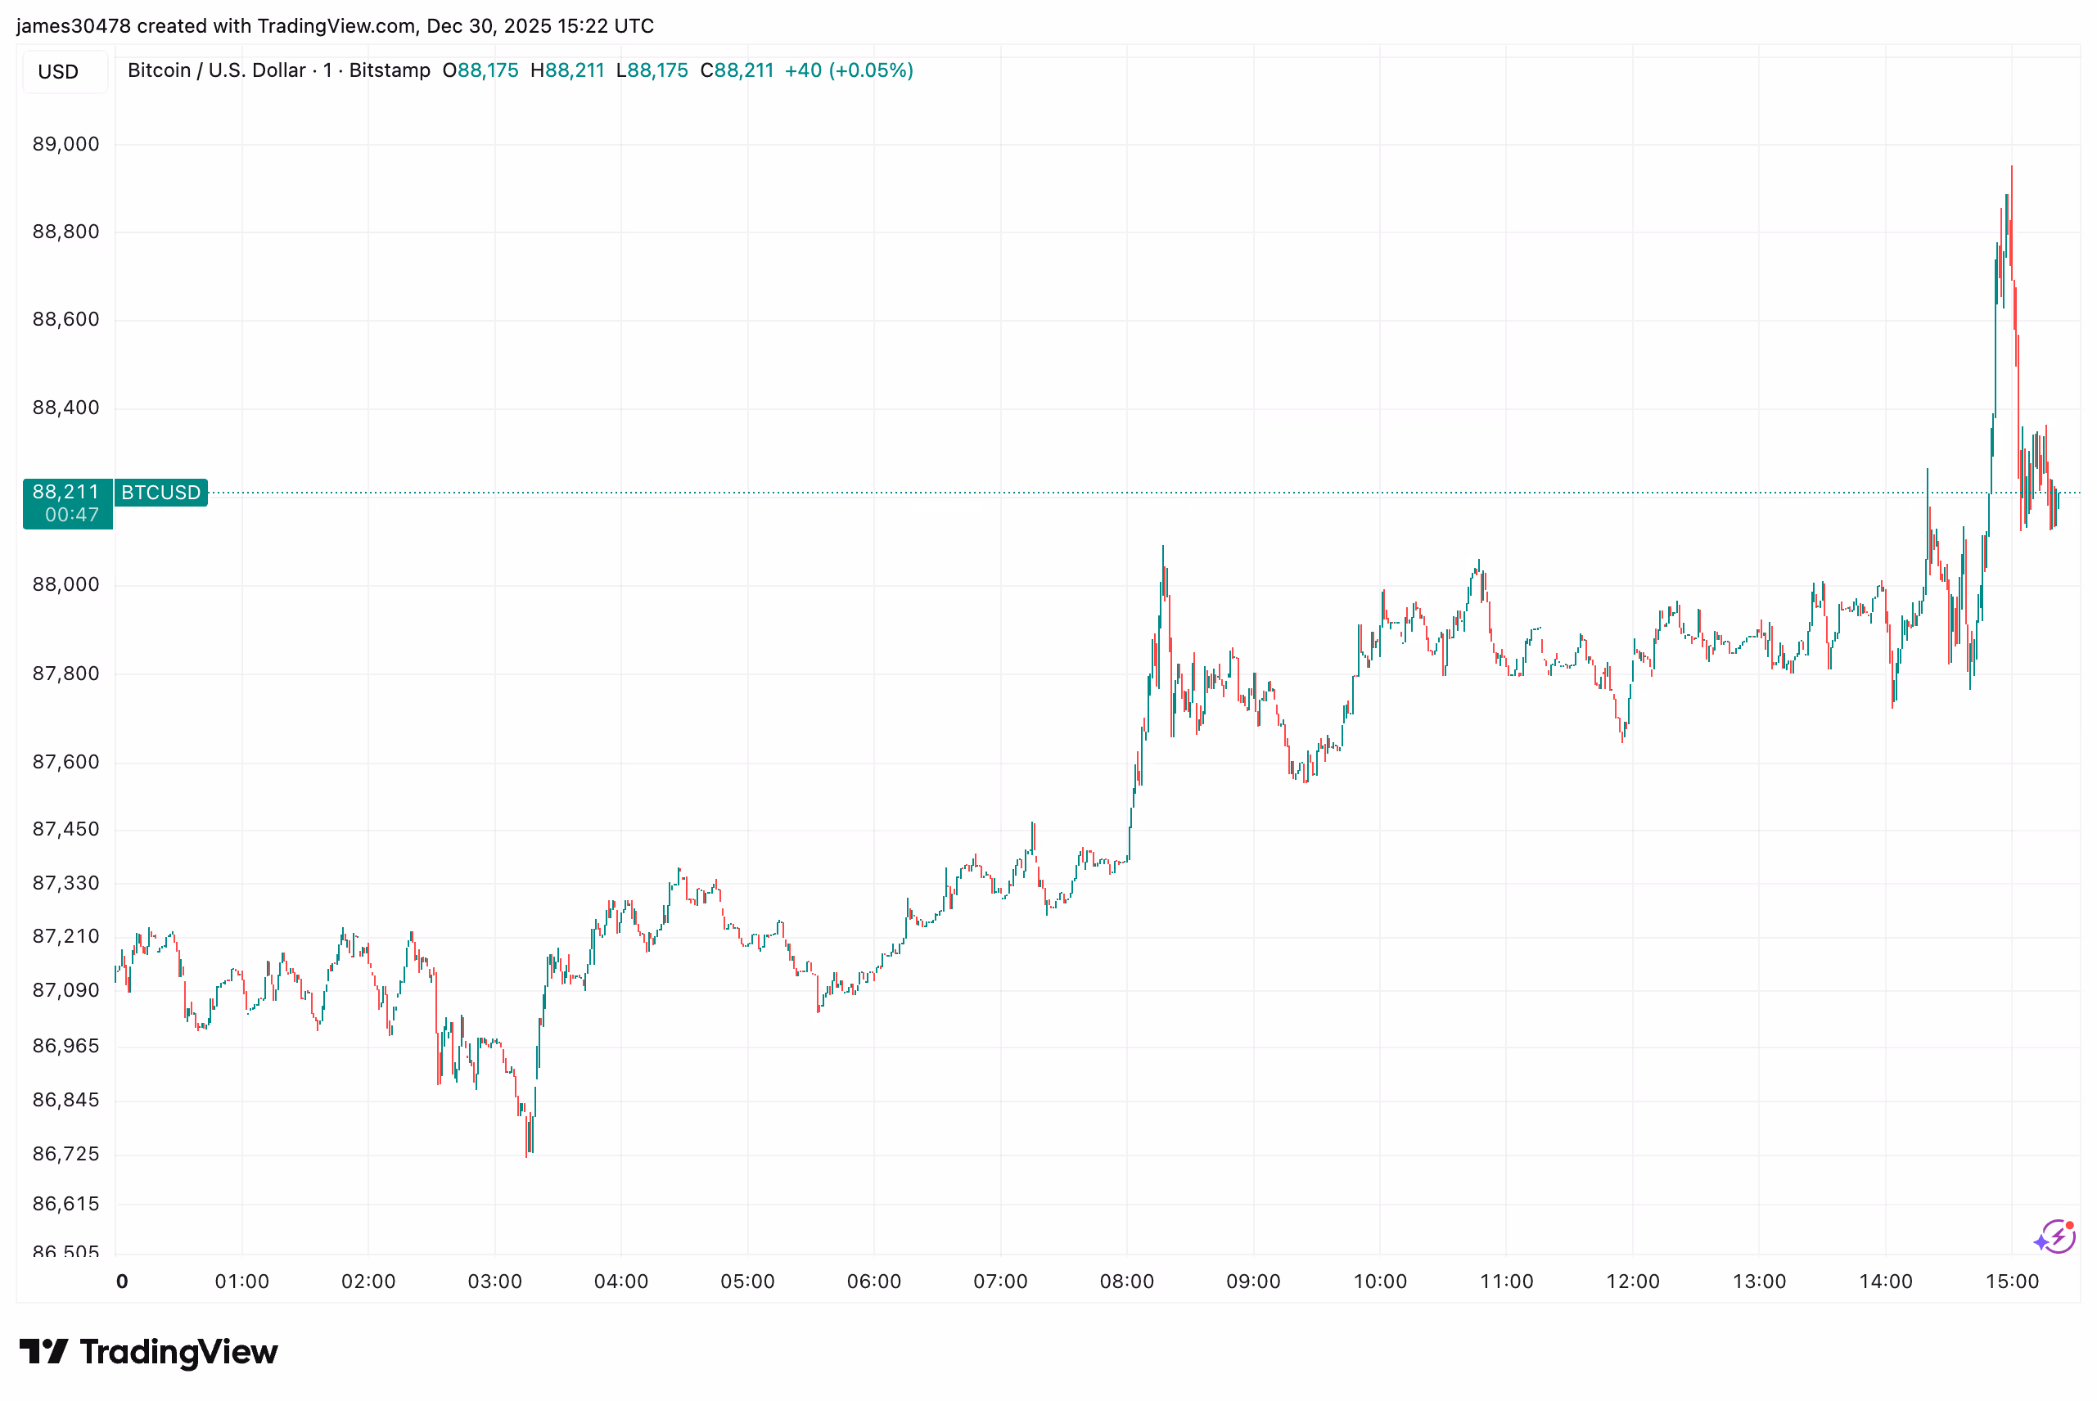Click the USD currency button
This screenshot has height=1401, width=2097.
click(58, 71)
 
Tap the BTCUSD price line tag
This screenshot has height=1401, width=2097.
click(160, 493)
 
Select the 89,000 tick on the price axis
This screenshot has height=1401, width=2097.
click(66, 144)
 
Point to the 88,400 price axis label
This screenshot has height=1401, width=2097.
click(66, 408)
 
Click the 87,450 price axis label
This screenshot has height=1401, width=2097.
click(66, 829)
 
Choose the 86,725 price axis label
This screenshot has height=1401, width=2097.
click(66, 1154)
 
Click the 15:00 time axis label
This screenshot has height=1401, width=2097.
click(2011, 1282)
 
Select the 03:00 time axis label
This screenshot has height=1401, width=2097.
click(494, 1282)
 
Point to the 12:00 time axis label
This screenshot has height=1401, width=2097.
click(1632, 1282)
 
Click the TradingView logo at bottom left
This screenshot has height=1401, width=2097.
click(148, 1352)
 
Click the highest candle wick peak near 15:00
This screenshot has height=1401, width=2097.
click(2010, 167)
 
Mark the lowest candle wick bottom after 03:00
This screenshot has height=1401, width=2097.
click(526, 1156)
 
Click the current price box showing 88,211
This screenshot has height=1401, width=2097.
click(66, 492)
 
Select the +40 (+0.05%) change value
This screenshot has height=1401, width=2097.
click(848, 70)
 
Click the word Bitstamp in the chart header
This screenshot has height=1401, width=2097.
click(390, 70)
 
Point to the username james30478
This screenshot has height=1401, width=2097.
click(74, 26)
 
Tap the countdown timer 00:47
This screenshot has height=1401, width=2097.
click(71, 515)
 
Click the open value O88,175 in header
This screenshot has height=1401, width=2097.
click(480, 70)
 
